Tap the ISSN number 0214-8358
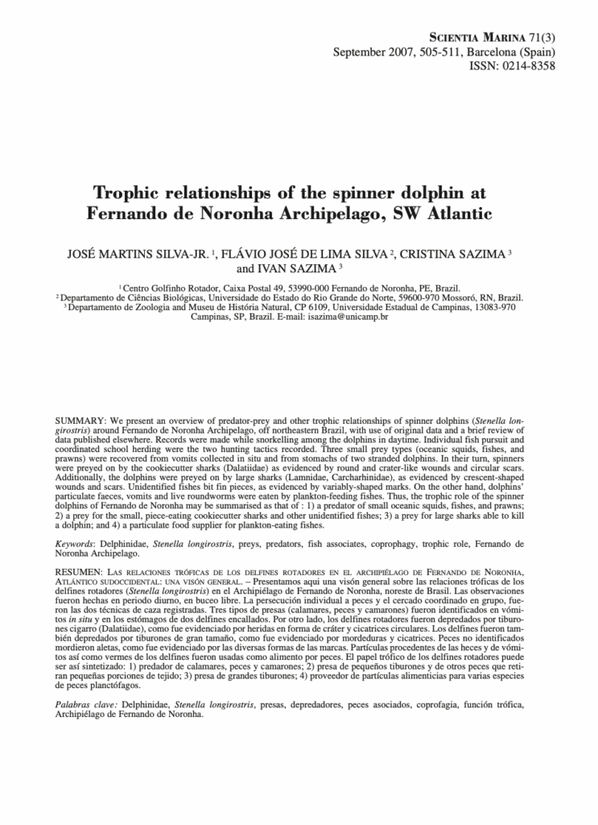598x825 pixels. (x=527, y=65)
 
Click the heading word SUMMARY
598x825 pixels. (x=79, y=421)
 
